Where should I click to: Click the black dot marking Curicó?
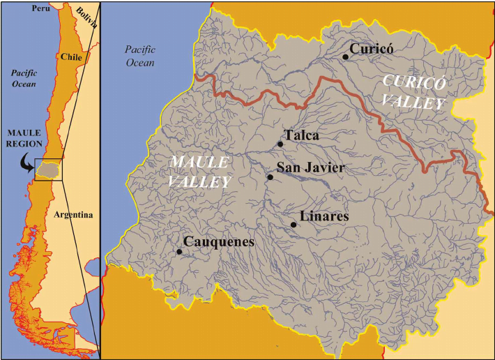click(345, 57)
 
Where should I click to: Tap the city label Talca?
click(302, 135)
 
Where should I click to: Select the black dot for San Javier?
click(270, 177)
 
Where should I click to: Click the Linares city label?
click(323, 216)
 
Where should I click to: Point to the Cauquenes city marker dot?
click(179, 252)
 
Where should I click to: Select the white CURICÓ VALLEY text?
click(414, 92)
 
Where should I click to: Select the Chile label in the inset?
click(72, 56)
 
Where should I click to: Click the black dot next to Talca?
click(280, 144)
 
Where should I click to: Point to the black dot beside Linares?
click(294, 224)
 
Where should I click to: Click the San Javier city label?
click(310, 168)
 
